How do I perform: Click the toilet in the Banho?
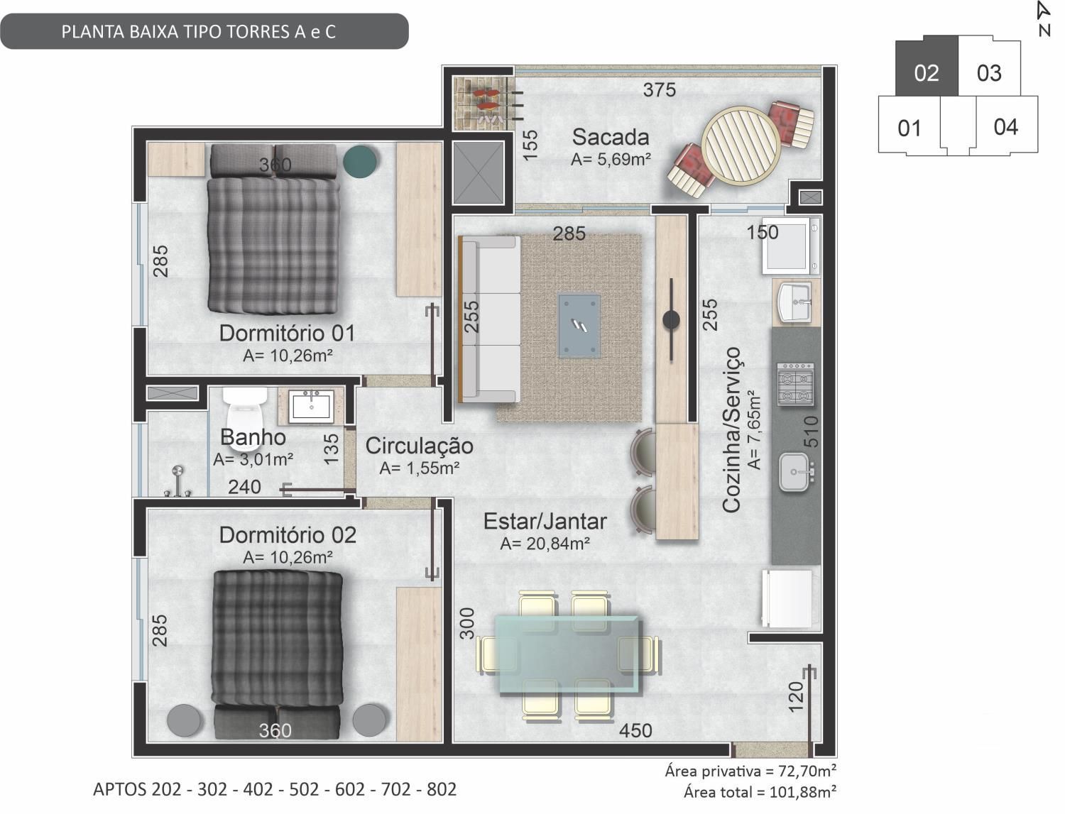pyautogui.click(x=245, y=418)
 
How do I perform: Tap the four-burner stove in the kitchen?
pyautogui.click(x=796, y=385)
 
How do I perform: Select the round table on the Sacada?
pyautogui.click(x=741, y=146)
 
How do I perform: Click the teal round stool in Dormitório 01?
pyautogui.click(x=359, y=161)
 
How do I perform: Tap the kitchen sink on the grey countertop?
pyautogui.click(x=795, y=472)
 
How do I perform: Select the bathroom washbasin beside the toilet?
pyautogui.click(x=311, y=406)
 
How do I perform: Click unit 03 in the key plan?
pyautogui.click(x=989, y=72)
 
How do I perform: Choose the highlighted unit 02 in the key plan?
pyautogui.click(x=927, y=72)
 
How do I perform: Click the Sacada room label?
pyautogui.click(x=611, y=137)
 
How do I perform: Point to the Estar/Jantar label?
pyautogui.click(x=545, y=521)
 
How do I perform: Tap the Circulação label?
pyautogui.click(x=419, y=446)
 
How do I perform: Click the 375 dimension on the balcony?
pyautogui.click(x=660, y=89)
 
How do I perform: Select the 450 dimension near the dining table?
pyautogui.click(x=635, y=730)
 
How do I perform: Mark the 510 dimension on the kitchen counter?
pyautogui.click(x=811, y=431)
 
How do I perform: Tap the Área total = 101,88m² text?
pyautogui.click(x=760, y=792)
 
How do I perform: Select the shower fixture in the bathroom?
pyautogui.click(x=178, y=482)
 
